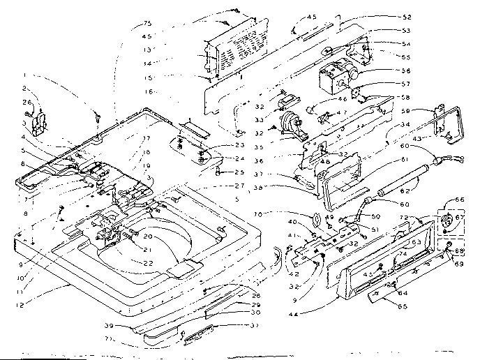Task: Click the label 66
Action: [x=458, y=200]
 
